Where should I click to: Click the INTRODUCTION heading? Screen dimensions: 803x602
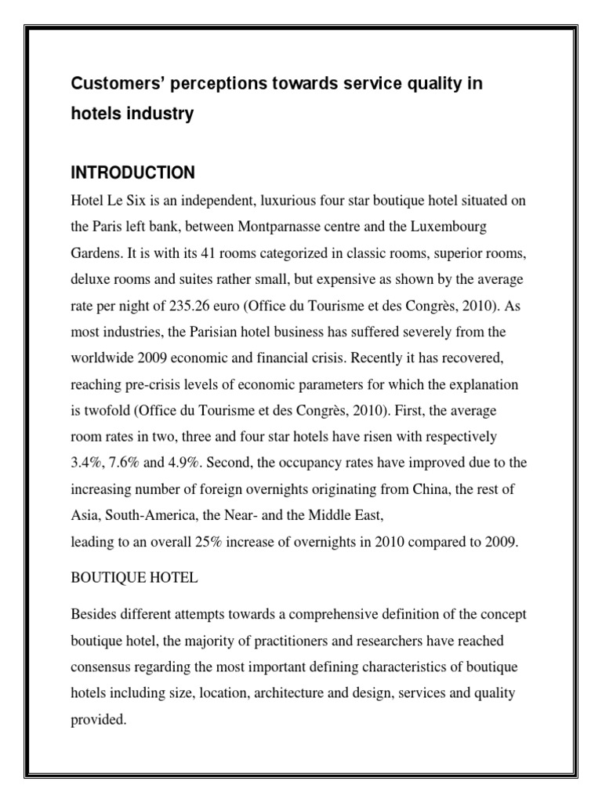coord(133,172)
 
